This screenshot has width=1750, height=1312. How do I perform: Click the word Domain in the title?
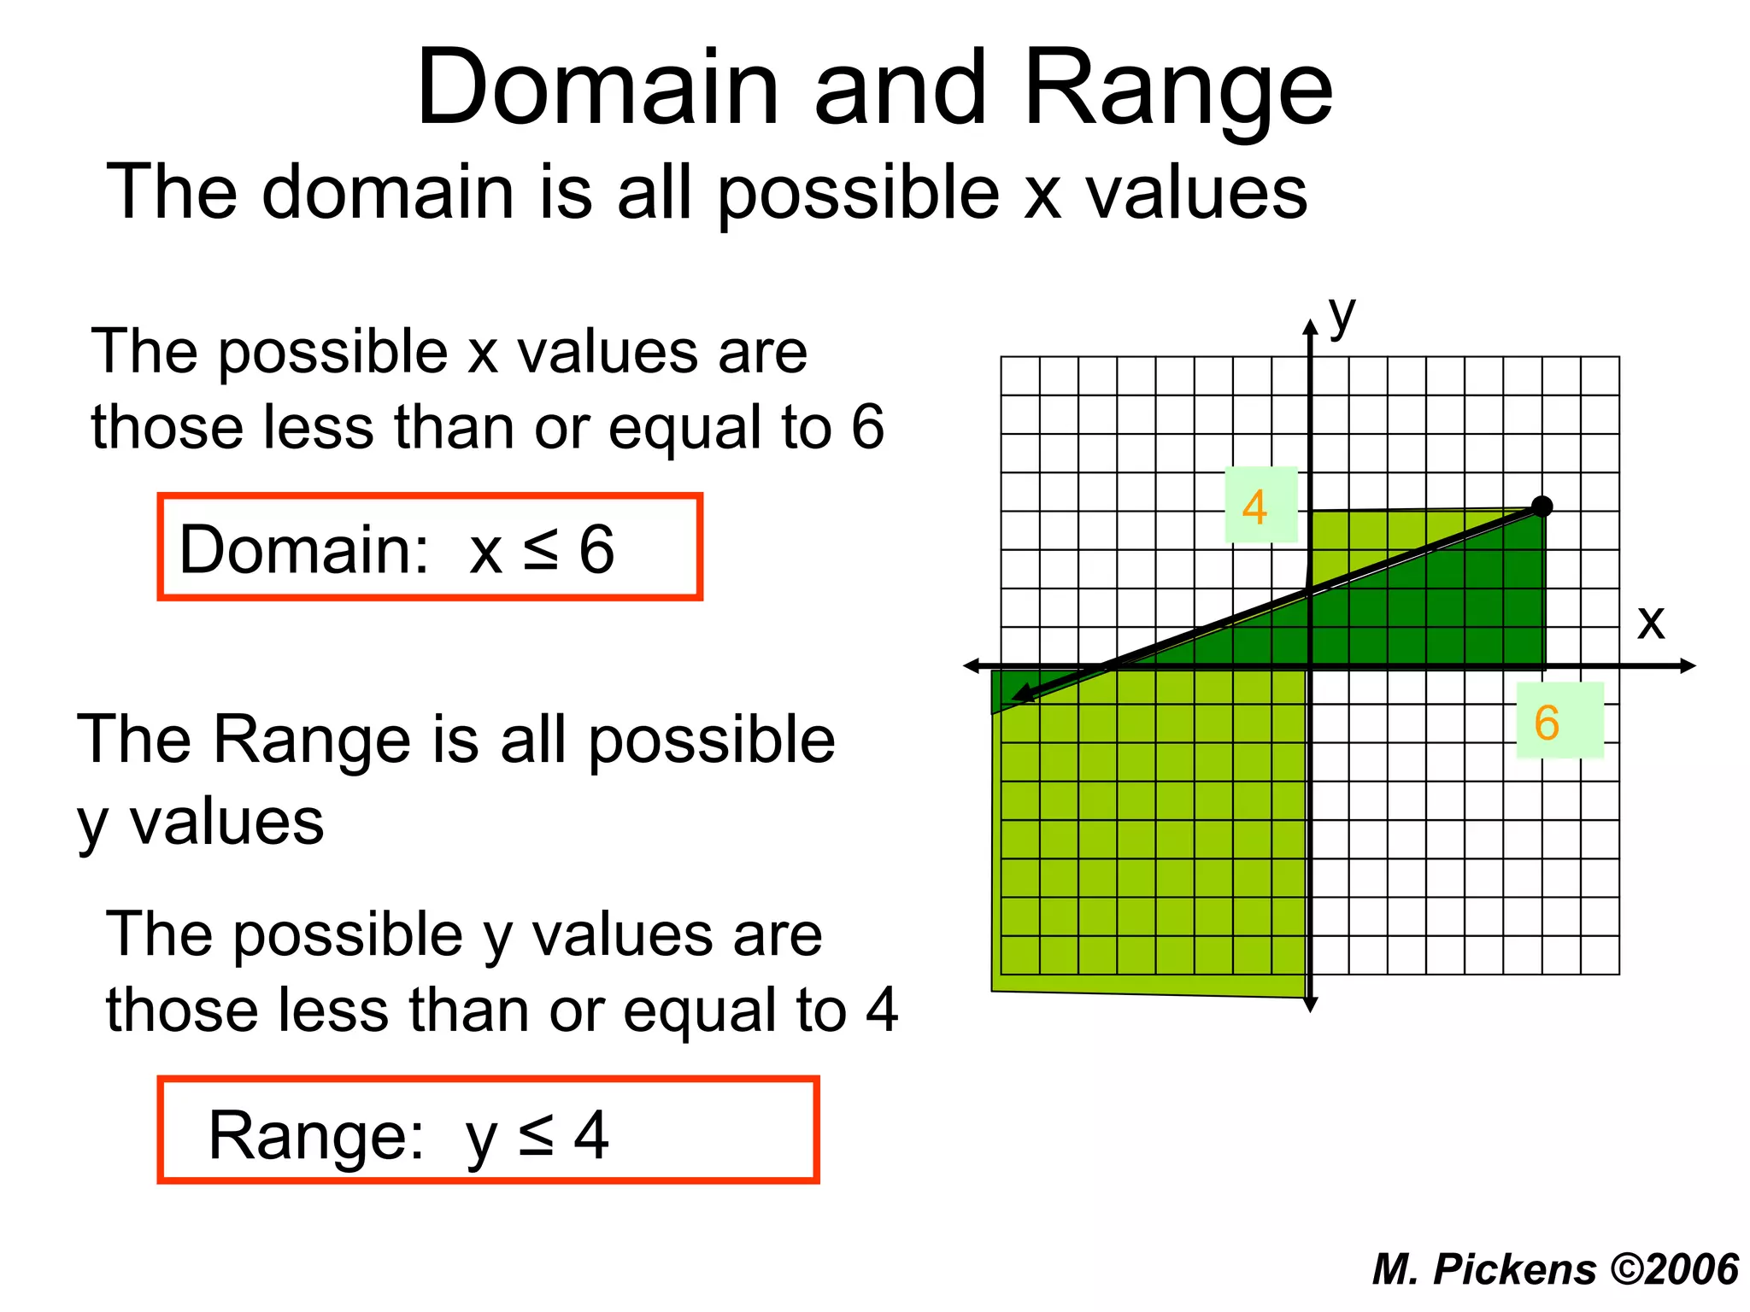tap(597, 88)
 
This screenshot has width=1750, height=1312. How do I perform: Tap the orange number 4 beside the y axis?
tap(1254, 507)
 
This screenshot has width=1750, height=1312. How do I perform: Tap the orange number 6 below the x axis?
tap(1547, 723)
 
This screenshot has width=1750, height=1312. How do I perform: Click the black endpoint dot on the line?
tap(1542, 507)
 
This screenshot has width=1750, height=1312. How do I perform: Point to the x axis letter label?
tap(1651, 623)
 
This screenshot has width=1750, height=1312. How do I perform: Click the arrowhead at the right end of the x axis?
tap(1688, 666)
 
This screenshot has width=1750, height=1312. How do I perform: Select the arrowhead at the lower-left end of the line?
tap(1022, 696)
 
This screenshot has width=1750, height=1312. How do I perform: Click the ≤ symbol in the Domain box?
tap(541, 549)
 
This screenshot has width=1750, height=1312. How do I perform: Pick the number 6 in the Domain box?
tap(596, 549)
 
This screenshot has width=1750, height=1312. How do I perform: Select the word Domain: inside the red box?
tap(304, 549)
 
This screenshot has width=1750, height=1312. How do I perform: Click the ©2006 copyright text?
tap(1674, 1269)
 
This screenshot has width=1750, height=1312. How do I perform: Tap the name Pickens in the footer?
tap(1514, 1269)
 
